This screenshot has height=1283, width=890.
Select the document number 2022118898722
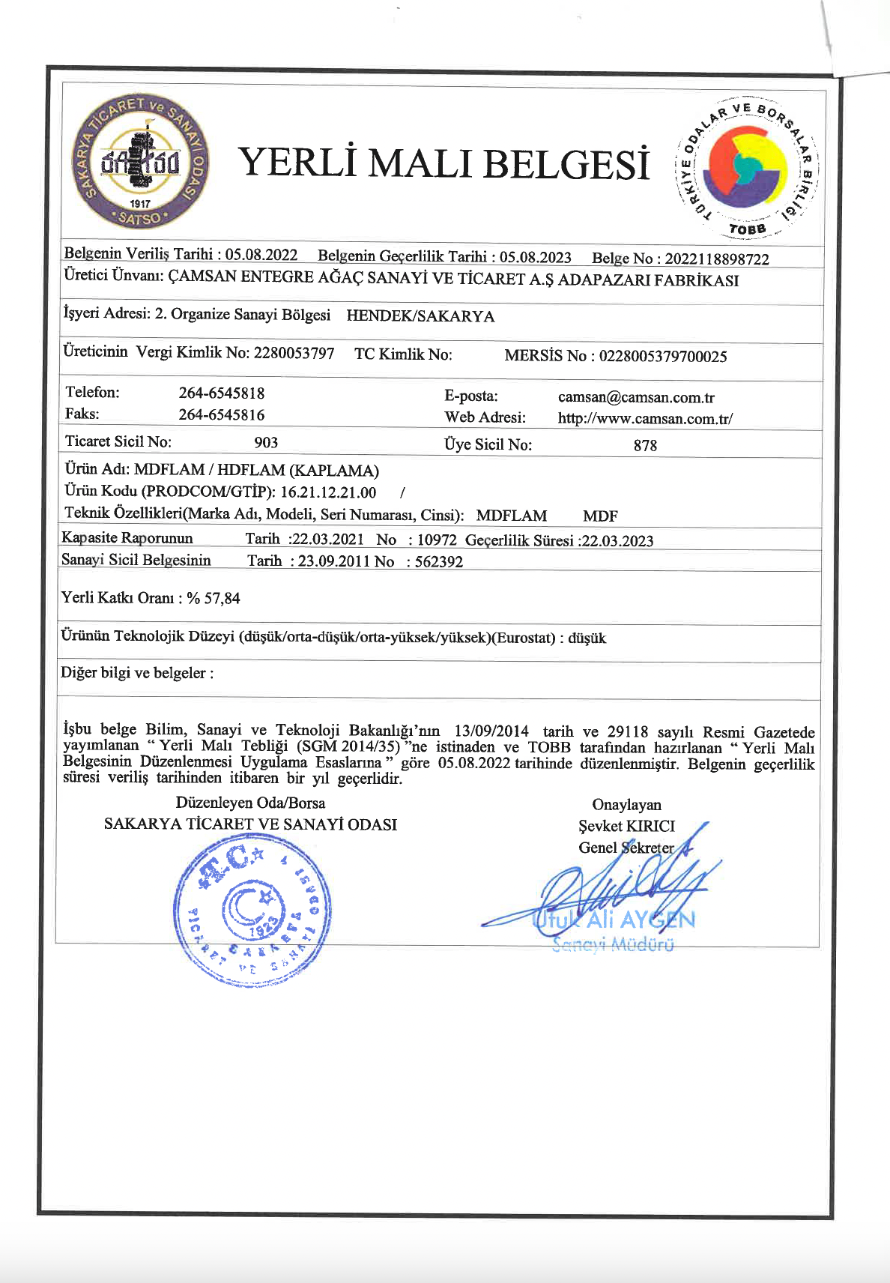pyautogui.click(x=717, y=259)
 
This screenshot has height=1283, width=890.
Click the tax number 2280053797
pyautogui.click(x=294, y=353)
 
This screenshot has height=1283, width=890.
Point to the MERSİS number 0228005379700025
pyautogui.click(x=662, y=356)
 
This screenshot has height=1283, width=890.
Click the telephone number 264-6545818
pyautogui.click(x=221, y=393)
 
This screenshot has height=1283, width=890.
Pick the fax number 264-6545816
pyautogui.click(x=221, y=415)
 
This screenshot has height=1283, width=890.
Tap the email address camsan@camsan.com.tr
pyautogui.click(x=636, y=397)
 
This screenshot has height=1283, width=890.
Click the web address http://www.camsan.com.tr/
pyautogui.click(x=645, y=419)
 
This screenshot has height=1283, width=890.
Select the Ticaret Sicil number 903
pyautogui.click(x=266, y=442)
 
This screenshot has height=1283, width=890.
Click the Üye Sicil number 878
pyautogui.click(x=645, y=445)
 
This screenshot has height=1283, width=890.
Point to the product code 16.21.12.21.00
pyautogui.click(x=328, y=492)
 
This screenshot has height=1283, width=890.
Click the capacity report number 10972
pyautogui.click(x=437, y=540)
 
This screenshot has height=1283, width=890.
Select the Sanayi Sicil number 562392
pyautogui.click(x=439, y=561)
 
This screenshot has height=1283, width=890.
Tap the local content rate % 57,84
pyautogui.click(x=214, y=598)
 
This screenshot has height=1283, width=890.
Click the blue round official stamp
pyautogui.click(x=252, y=908)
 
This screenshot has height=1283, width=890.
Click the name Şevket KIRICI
pyautogui.click(x=626, y=826)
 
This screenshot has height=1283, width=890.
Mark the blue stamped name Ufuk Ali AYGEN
pyautogui.click(x=614, y=920)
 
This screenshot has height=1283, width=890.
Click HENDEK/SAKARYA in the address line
pyautogui.click(x=420, y=316)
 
